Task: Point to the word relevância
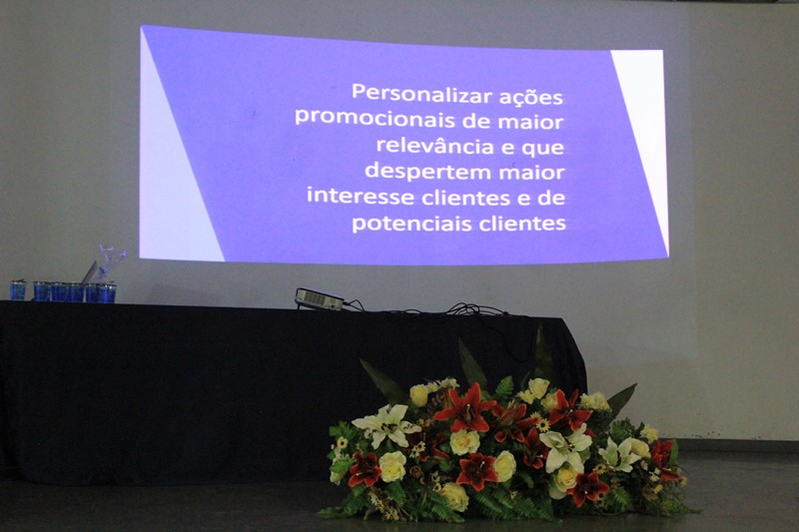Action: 434,145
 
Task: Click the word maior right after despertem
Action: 532,173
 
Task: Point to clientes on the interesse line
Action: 465,197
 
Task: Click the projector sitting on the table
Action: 320,298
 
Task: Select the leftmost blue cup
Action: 18,290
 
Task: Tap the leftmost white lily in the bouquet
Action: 386,425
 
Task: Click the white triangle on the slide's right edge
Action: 643,128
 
